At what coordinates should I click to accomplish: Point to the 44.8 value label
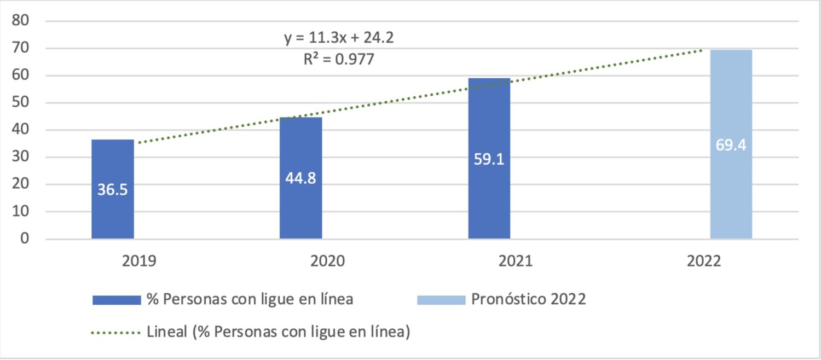[x=300, y=178]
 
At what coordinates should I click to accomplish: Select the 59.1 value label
[x=489, y=159]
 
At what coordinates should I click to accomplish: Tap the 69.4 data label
[x=731, y=146]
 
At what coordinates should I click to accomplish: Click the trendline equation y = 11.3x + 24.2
[x=339, y=38]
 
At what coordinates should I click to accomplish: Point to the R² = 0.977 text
[x=339, y=59]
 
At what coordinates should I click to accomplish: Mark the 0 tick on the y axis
[x=25, y=239]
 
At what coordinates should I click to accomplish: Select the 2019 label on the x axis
[x=139, y=261]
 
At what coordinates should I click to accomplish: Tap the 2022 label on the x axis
[x=703, y=261]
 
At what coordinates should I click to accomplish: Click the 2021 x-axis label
[x=516, y=261]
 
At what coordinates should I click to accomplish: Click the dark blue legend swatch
[x=117, y=300]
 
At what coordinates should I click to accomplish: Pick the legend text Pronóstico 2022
[x=529, y=300]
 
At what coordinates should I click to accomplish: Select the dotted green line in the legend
[x=117, y=332]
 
